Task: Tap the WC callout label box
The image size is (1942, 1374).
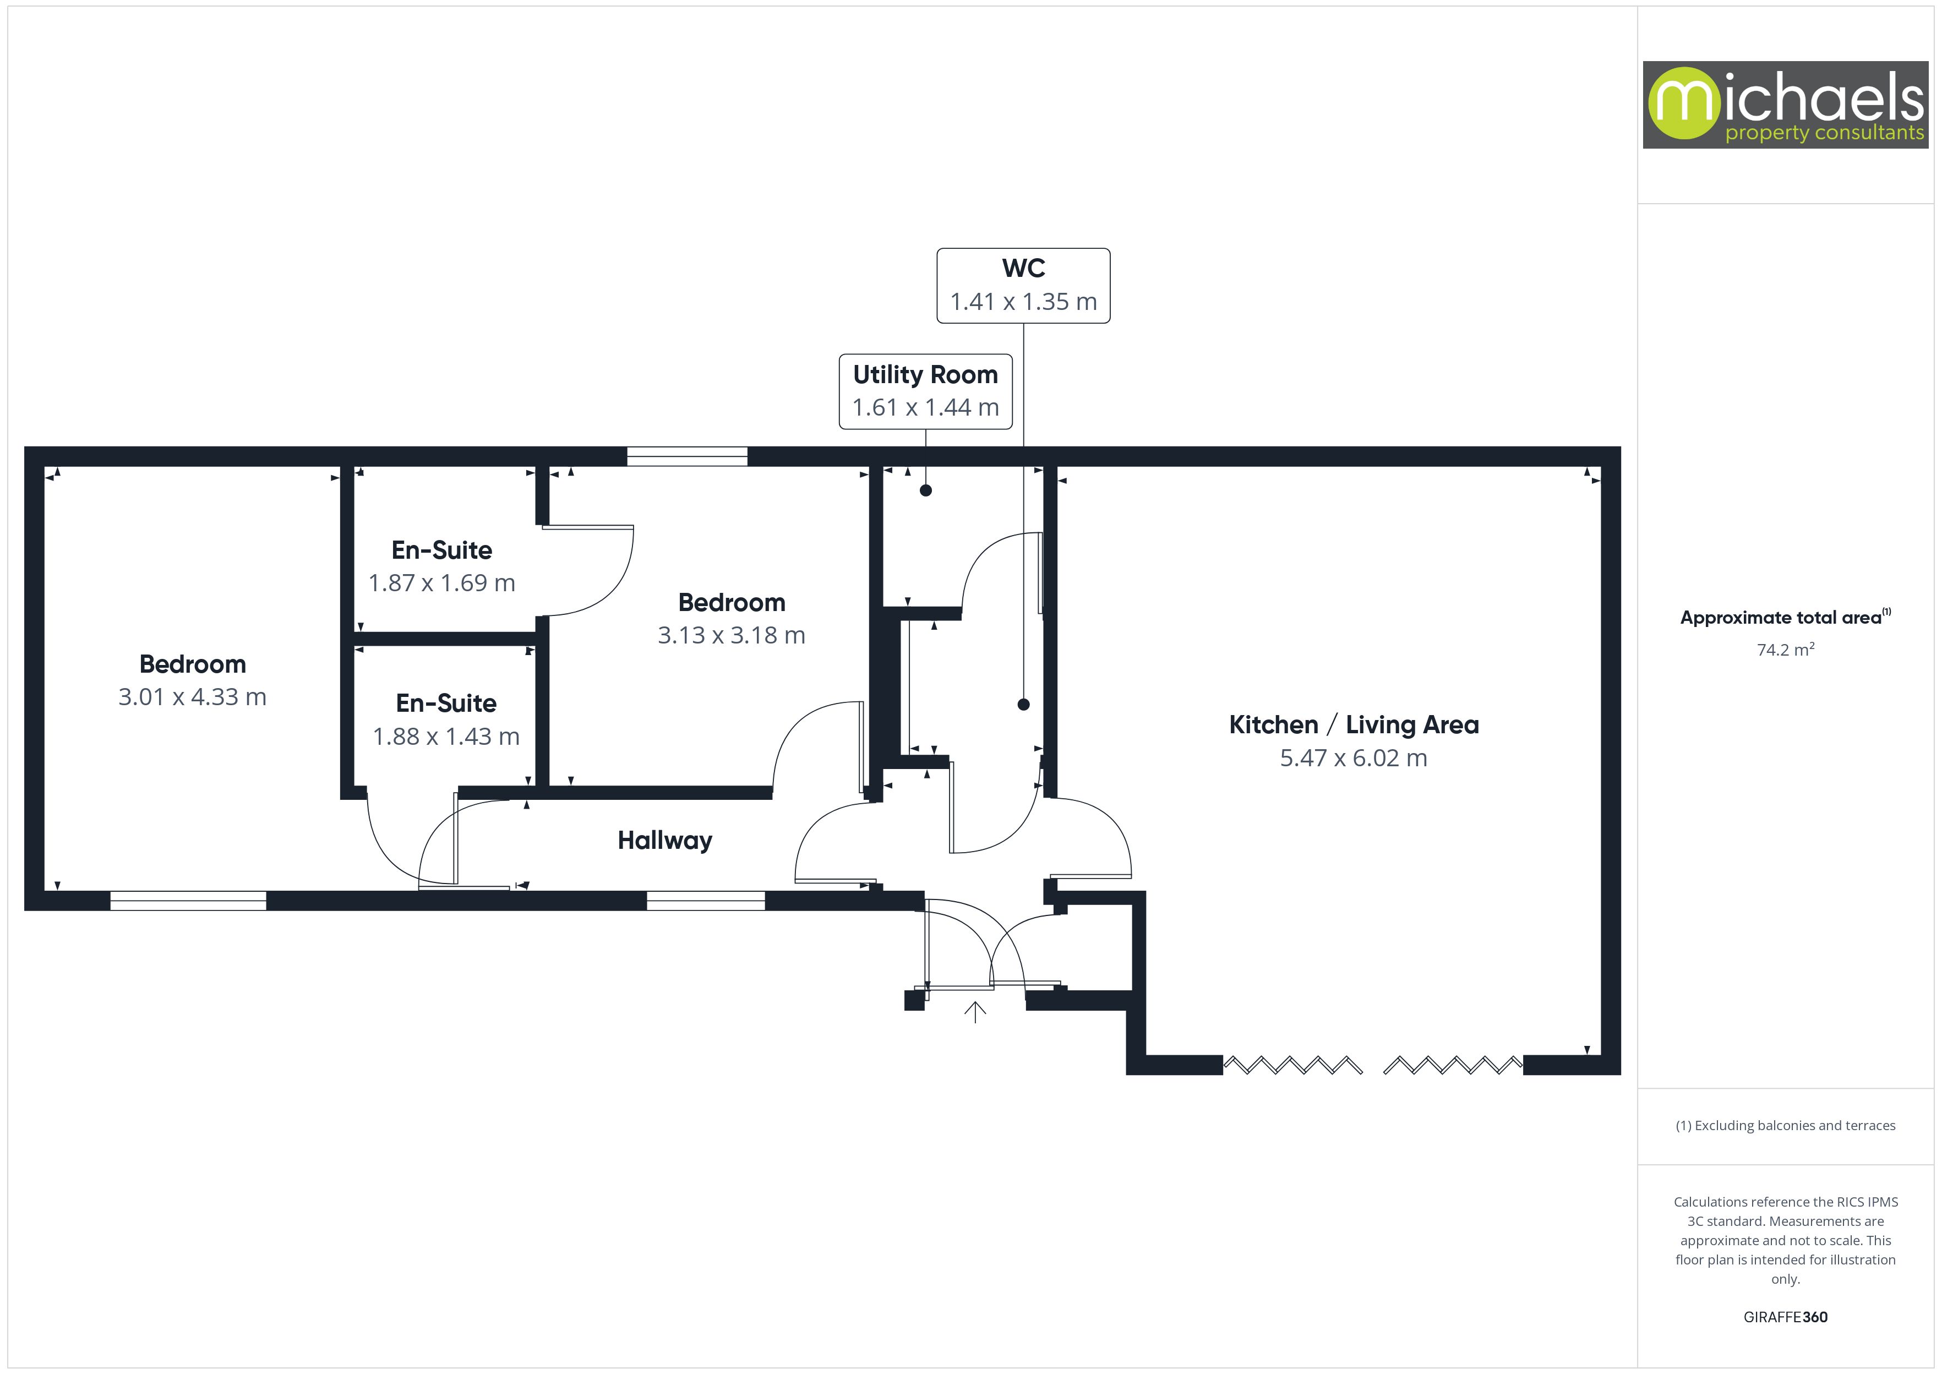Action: pos(1023,285)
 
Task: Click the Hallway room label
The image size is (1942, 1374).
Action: pos(665,841)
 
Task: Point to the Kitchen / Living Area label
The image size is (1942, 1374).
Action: pos(1354,725)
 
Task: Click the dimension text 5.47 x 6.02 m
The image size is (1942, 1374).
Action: pos(1354,758)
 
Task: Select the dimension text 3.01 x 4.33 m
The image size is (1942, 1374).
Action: pos(192,697)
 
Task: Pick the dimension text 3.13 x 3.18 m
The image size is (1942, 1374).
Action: pos(732,635)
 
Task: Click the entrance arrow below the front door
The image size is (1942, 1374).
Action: pos(975,1012)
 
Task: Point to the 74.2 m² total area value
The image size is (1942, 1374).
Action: pos(1786,650)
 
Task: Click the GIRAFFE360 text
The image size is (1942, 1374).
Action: pos(1786,1317)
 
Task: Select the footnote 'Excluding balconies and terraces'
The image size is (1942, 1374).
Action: pos(1786,1125)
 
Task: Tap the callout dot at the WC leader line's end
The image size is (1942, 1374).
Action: pos(1023,704)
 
